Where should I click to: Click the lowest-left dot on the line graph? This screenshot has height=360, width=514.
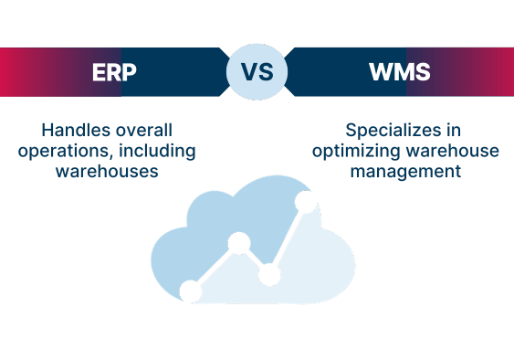coord(191,291)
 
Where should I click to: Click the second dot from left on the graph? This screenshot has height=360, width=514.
coord(239,243)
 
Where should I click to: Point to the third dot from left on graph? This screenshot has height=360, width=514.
coord(269,274)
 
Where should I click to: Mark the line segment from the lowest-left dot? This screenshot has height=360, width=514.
coord(215,268)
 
